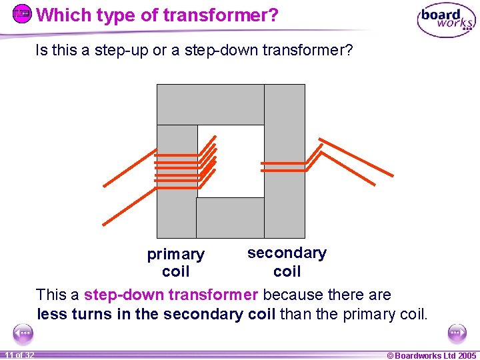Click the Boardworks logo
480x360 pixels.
coord(446,21)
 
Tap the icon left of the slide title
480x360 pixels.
coord(23,14)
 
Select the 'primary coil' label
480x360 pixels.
coord(175,263)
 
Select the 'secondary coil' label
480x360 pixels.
coord(287,262)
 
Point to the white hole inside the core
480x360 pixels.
coord(231,161)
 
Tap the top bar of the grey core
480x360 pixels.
coord(210,104)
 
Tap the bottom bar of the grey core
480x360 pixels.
coord(230,218)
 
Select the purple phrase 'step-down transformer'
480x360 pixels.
coord(171,295)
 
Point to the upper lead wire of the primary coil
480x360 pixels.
coord(130,167)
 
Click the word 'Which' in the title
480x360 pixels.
coord(61,15)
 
